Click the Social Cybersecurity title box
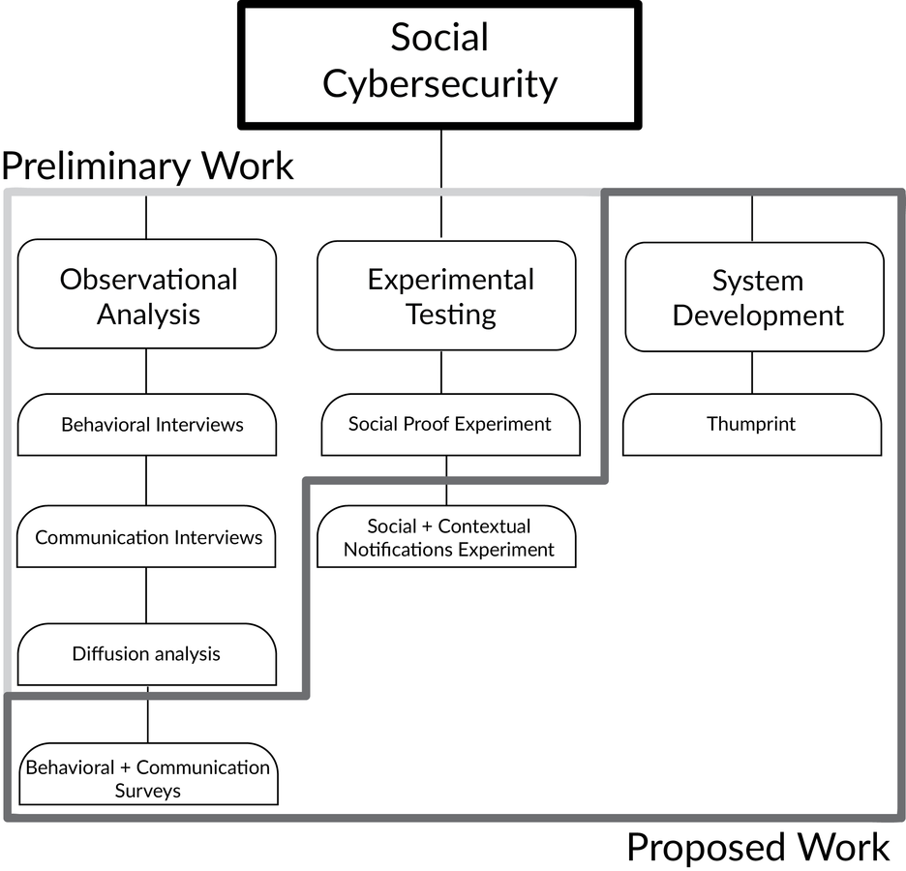[x=439, y=64]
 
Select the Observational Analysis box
[x=147, y=295]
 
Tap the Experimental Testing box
[x=446, y=296]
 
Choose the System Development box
[x=754, y=298]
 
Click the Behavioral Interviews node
[x=147, y=425]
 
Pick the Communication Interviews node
[x=147, y=537]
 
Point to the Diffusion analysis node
[x=147, y=654]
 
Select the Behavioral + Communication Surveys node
[x=147, y=777]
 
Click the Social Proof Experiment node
[x=450, y=424]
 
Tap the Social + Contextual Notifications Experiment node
[x=447, y=538]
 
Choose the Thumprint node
[x=752, y=424]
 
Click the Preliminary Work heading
[x=147, y=165]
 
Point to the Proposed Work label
[x=757, y=848]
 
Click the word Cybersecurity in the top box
[x=439, y=84]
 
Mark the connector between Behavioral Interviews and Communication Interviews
[x=146, y=480]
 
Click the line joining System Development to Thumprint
[x=752, y=373]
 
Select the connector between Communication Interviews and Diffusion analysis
[x=146, y=595]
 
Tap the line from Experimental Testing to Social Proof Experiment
[x=441, y=372]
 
